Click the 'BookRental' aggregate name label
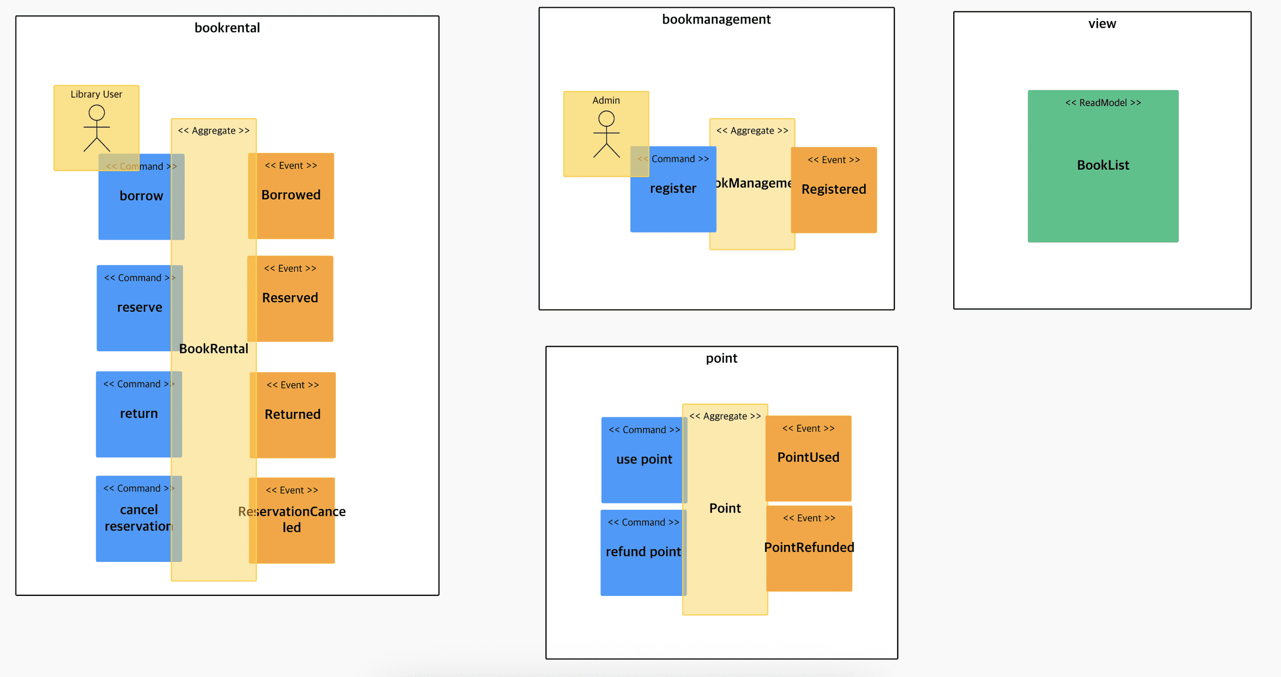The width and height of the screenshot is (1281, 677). pos(214,349)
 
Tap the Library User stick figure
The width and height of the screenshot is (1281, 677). pos(97,128)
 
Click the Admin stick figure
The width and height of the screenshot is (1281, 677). pos(606,134)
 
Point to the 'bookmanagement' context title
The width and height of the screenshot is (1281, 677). pos(716,20)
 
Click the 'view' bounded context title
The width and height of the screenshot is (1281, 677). pos(1102,24)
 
